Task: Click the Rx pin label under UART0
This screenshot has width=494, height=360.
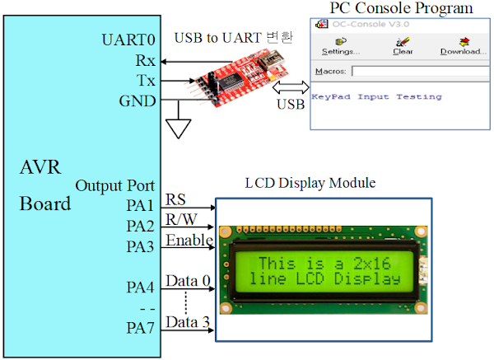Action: (145, 60)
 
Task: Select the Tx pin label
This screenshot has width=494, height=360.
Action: (145, 81)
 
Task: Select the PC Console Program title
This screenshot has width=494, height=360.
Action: (401, 8)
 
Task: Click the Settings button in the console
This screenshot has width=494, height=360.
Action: (340, 46)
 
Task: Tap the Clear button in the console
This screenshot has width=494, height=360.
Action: (403, 46)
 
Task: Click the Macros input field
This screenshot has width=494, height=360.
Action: (420, 72)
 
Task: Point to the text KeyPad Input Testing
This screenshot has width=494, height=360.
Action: (376, 96)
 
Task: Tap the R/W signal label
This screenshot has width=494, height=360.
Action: (181, 219)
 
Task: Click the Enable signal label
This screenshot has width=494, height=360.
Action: (189, 240)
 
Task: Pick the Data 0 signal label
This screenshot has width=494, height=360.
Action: (188, 282)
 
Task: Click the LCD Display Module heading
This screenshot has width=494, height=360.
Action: (310, 182)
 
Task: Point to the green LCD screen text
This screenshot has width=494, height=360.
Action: (328, 271)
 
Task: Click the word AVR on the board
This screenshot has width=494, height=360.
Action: (41, 169)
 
